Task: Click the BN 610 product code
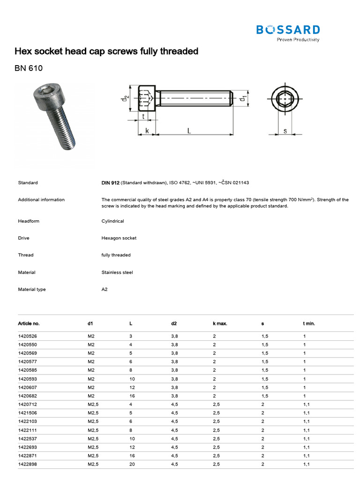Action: coord(29,68)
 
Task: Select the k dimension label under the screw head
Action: coord(147,132)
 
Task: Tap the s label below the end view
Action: coord(285,131)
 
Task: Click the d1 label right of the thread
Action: coord(243,99)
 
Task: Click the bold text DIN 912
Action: coord(111,183)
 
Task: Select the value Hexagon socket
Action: coord(119,238)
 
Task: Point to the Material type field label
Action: coord(32,290)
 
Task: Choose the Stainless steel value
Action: coord(117,272)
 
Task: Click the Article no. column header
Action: coord(29,323)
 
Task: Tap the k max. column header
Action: coord(220,323)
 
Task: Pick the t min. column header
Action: coord(309,323)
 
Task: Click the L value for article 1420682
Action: coord(132,396)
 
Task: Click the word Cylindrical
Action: coord(113,221)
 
